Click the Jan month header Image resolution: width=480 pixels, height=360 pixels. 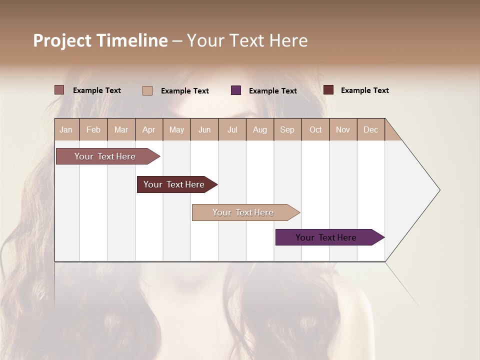[x=66, y=129]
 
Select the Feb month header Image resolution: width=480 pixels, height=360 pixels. [x=93, y=129]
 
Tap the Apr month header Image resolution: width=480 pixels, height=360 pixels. [x=148, y=129]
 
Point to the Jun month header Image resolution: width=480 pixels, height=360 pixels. [x=204, y=129]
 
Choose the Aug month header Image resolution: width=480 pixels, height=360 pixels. [x=259, y=129]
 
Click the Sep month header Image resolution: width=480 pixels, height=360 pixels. [x=287, y=129]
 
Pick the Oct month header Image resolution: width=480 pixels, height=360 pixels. [x=315, y=129]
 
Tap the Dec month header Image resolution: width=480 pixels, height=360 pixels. [x=370, y=129]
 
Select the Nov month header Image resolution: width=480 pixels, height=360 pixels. [x=343, y=129]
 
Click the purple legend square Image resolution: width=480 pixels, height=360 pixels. [x=236, y=90]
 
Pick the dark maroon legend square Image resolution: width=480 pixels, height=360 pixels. [x=328, y=90]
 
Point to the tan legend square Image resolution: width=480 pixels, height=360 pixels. [x=147, y=90]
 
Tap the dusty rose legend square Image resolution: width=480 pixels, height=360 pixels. [x=59, y=90]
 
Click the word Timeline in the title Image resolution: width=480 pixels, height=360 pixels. [x=132, y=40]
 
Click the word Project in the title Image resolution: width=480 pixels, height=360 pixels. [x=62, y=40]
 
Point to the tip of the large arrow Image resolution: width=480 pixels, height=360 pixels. [x=439, y=190]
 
